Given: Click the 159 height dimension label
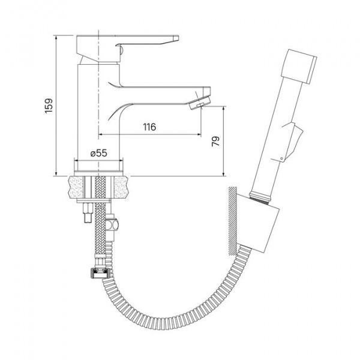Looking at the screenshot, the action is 49,106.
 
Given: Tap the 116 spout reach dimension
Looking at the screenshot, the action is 149,127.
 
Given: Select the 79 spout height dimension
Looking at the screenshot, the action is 215,141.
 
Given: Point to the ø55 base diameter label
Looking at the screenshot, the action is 99,153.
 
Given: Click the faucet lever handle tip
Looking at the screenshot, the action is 176,37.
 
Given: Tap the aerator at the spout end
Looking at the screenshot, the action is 199,103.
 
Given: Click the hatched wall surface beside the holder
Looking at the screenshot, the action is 232,221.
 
